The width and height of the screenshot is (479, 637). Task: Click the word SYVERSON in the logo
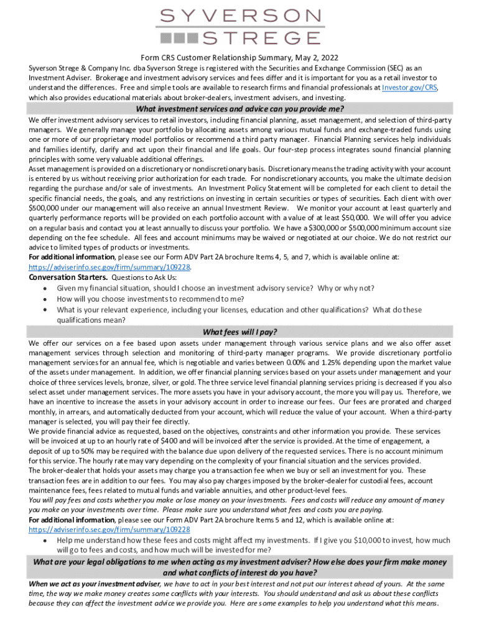pos(240,15)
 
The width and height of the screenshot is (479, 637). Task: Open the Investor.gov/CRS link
pos(409,88)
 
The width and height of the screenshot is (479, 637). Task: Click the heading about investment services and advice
pos(240,108)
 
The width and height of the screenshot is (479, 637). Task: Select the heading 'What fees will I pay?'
pos(240,331)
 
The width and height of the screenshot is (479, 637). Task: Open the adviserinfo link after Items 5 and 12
pos(109,529)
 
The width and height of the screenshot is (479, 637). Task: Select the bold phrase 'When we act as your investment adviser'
pos(95,584)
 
